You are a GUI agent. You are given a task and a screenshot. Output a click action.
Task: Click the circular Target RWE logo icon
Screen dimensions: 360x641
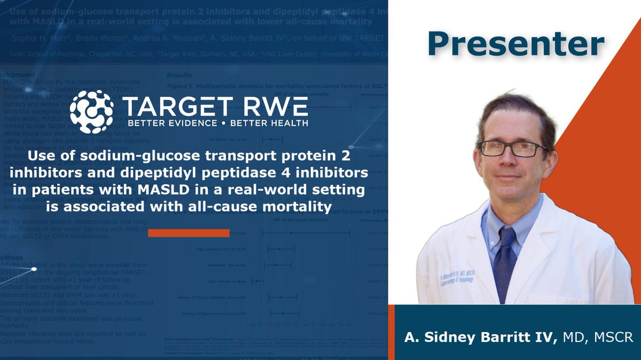point(91,112)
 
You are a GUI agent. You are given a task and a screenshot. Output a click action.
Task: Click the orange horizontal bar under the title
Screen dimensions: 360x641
point(189,233)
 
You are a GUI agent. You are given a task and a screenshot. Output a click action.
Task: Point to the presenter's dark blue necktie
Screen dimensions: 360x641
point(504,262)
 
